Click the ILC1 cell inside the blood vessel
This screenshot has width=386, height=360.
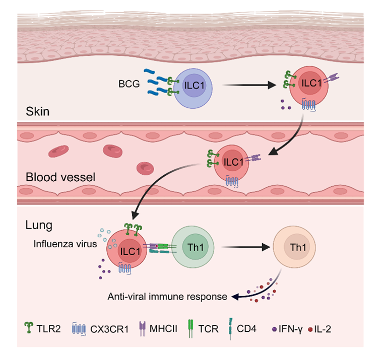(x=233, y=163)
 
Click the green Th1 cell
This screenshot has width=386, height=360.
(x=191, y=247)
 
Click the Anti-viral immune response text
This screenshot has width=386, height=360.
(x=167, y=297)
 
